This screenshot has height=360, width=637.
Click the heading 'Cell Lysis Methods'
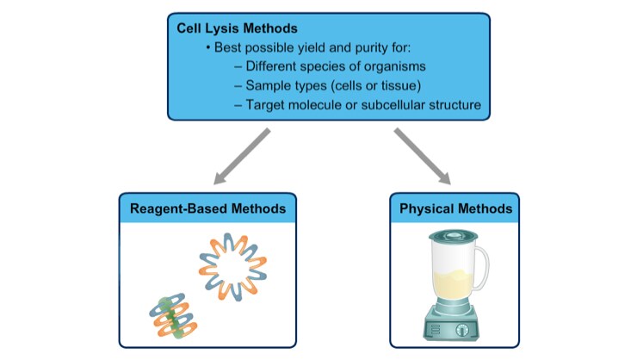(232, 28)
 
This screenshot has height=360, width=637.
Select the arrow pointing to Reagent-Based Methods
(242, 158)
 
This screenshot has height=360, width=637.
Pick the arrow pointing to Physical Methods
(423, 158)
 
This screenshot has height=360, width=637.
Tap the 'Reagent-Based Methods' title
(207, 208)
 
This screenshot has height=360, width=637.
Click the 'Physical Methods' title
(456, 208)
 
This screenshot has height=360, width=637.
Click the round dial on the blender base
(463, 328)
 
